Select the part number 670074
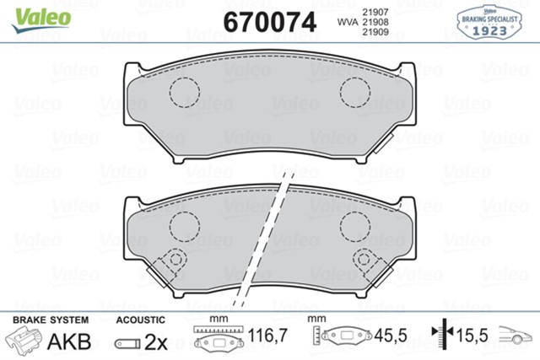click(269, 22)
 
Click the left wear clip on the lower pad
click(174, 261)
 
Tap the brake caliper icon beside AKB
click(24, 341)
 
